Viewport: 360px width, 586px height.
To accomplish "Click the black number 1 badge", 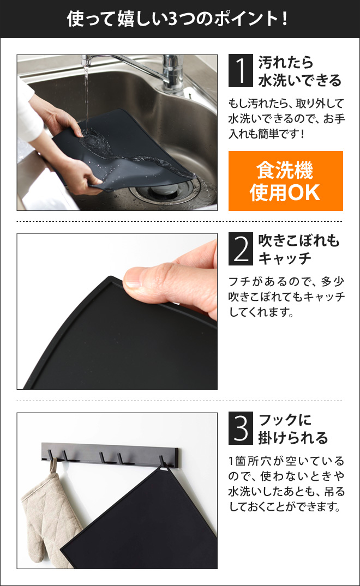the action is coord(241,71).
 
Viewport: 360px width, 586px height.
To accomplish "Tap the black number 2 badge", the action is coord(241,249).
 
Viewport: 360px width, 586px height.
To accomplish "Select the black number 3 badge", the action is coord(241,428).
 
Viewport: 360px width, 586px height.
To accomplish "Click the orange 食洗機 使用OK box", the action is coord(286,181).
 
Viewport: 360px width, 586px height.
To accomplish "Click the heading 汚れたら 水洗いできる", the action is coord(299,71).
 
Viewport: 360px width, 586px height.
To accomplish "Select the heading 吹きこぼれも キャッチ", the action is coord(298,249).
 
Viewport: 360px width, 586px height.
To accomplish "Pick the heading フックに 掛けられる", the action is coord(293,428).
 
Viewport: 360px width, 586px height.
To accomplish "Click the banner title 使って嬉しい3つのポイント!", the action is coord(177,19).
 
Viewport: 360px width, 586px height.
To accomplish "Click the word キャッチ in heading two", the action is coord(285,258).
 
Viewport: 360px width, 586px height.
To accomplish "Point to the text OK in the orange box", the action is coord(304,192).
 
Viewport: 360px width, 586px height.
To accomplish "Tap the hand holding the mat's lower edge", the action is coord(76,178).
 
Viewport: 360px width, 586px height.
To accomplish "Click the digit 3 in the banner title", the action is coord(172,19).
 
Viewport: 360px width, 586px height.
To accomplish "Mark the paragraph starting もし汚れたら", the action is coord(286,118).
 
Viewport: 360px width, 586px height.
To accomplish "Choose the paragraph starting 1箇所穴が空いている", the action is coord(286,484).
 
